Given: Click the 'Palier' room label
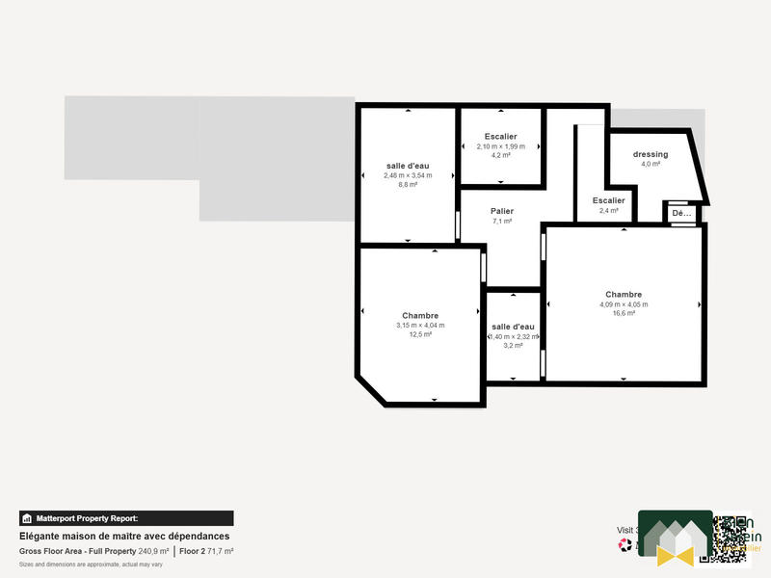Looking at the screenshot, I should pyautogui.click(x=501, y=211).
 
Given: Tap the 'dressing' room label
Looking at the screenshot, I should pyautogui.click(x=651, y=154).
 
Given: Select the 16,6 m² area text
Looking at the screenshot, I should pyautogui.click(x=624, y=313).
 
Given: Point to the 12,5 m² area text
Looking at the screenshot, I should pyautogui.click(x=420, y=334).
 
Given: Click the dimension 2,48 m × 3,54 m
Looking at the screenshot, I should pyautogui.click(x=408, y=175).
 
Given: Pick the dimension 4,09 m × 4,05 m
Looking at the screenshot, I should pyautogui.click(x=624, y=304).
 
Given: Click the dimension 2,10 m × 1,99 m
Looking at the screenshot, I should pyautogui.click(x=501, y=146).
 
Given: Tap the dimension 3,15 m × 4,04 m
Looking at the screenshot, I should pyautogui.click(x=420, y=325).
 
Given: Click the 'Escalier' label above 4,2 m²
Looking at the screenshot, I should pyautogui.click(x=501, y=137).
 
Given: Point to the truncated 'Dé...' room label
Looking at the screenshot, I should pyautogui.click(x=681, y=213).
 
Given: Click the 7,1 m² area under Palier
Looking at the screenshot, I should pyautogui.click(x=501, y=221).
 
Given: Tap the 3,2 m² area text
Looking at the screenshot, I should pyautogui.click(x=513, y=346).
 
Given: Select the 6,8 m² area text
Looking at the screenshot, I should pyautogui.click(x=408, y=184).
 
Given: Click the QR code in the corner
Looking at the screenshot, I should pyautogui.click(x=731, y=537).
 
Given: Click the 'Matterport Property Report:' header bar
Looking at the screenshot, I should pyautogui.click(x=126, y=518).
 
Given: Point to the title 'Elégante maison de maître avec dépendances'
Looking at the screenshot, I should pyautogui.click(x=124, y=537).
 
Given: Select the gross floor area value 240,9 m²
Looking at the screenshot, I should pyautogui.click(x=153, y=551).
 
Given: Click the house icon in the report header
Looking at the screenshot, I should pyautogui.click(x=27, y=518).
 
